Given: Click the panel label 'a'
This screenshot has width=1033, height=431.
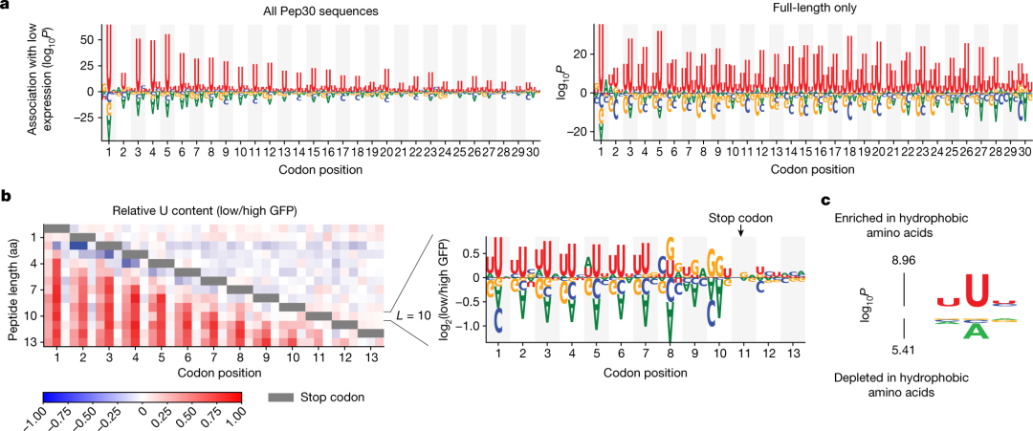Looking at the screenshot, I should (x=6, y=7).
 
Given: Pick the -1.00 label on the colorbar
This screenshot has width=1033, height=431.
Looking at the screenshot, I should (x=46, y=416).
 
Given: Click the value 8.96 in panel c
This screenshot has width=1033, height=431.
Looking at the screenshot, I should (x=904, y=259).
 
